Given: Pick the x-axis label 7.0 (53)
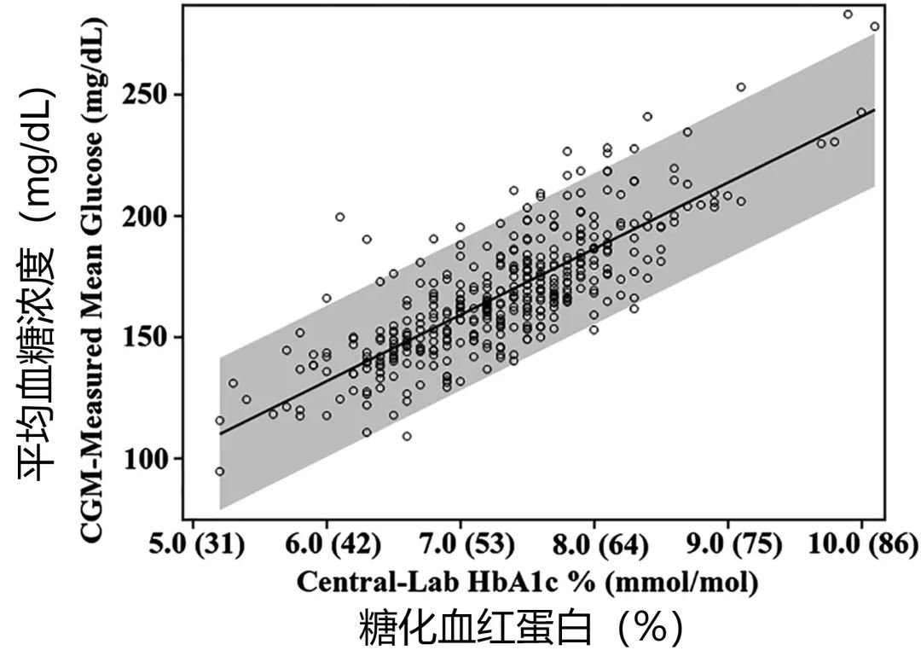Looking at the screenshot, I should [x=460, y=543].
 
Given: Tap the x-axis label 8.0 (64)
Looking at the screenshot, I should [x=594, y=543].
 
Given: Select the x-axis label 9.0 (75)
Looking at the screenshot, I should [x=727, y=543].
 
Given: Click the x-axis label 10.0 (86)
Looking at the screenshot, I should [x=863, y=543].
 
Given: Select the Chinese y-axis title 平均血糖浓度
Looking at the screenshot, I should [x=38, y=282].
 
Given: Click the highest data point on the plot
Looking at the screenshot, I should [x=848, y=15].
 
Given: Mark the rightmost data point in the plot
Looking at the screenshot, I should [x=874, y=26].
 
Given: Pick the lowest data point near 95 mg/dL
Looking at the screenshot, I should [x=220, y=471].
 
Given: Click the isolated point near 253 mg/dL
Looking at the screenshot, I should [x=741, y=87].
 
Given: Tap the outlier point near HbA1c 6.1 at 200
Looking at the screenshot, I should [x=339, y=217].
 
